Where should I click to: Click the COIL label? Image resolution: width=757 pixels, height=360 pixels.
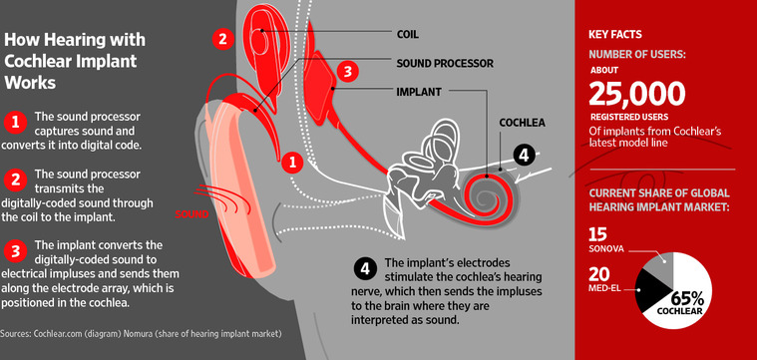click(407, 35)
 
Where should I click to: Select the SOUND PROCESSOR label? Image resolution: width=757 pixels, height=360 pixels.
click(445, 63)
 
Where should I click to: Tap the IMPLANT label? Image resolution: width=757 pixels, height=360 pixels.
click(419, 92)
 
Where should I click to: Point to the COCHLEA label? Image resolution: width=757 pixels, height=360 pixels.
click(522, 123)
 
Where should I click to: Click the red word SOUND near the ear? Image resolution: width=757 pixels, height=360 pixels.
click(191, 214)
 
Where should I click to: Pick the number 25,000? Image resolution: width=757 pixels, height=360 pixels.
click(636, 94)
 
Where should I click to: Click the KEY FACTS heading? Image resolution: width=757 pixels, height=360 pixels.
click(615, 35)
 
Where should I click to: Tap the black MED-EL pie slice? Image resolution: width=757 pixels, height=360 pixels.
click(649, 290)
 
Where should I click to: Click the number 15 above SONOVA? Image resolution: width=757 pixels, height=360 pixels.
click(598, 235)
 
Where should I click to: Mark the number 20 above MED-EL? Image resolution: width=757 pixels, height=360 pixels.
click(599, 274)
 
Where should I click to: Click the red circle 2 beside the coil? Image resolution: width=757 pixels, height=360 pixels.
click(222, 39)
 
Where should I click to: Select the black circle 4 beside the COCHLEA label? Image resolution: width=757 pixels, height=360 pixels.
click(524, 155)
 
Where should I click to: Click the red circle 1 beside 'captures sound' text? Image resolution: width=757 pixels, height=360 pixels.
click(15, 124)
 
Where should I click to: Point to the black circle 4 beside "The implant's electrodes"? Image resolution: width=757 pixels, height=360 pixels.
click(365, 269)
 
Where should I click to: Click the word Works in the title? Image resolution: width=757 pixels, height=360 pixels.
click(30, 83)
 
